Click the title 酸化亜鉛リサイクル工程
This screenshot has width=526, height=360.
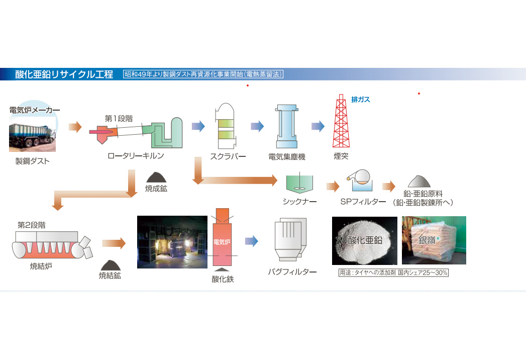[x=64, y=74]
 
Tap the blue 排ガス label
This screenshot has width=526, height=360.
[x=360, y=100]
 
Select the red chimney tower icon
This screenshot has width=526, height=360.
[x=341, y=121]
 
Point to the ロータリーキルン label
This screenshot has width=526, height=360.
[x=136, y=156]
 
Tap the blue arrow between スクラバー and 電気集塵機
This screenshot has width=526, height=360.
[x=257, y=126]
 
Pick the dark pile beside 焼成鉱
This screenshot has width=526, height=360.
[x=157, y=176]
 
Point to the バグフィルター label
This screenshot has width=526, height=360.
[x=292, y=273]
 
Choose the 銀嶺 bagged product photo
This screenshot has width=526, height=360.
[x=434, y=240]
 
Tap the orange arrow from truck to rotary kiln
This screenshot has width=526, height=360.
[x=75, y=126]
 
